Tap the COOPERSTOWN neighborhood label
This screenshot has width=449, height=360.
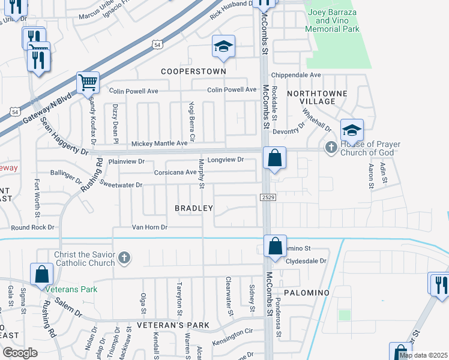[x=193, y=71]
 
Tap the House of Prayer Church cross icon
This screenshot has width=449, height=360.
[x=330, y=146]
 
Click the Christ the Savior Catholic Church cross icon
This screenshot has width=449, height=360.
[x=124, y=259]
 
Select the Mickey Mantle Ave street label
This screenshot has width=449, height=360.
[x=160, y=143]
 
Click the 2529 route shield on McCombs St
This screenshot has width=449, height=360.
[x=268, y=197]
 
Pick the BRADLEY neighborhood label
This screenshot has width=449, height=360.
[x=194, y=208]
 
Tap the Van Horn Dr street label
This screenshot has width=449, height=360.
[x=149, y=227]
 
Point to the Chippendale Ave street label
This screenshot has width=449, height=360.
[x=296, y=75]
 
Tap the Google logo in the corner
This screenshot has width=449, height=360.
[x=20, y=353]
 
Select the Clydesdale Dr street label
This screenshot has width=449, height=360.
[x=306, y=261]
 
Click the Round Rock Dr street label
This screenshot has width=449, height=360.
[x=32, y=227]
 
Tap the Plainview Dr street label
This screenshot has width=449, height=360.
[x=127, y=161]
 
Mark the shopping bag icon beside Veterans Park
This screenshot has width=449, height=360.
[x=42, y=274]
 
